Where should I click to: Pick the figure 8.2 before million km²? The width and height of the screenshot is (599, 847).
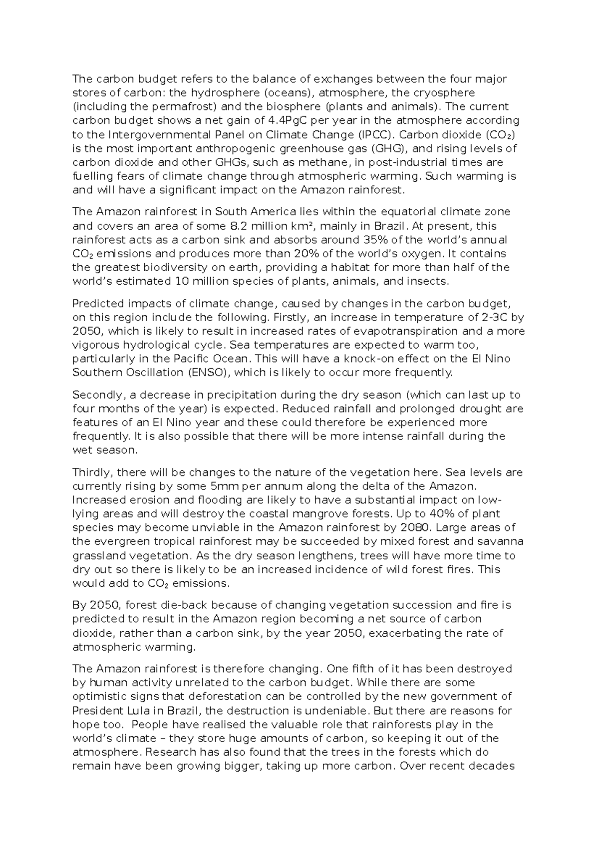tap(242, 226)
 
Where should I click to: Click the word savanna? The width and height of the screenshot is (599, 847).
tap(501, 542)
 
